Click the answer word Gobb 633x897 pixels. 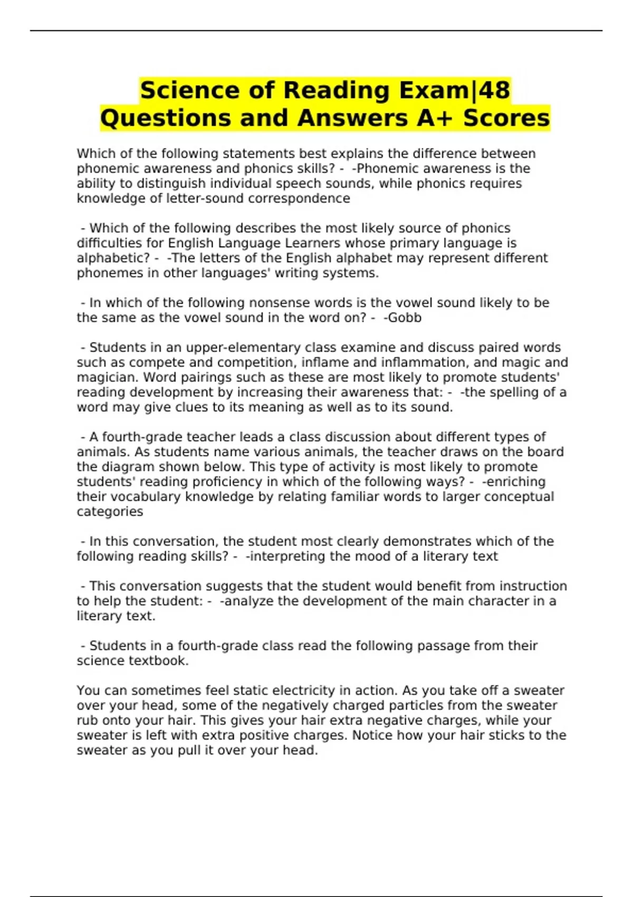pos(405,318)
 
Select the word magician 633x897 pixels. pos(108,377)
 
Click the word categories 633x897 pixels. pos(110,511)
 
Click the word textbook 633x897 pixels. pos(159,661)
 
